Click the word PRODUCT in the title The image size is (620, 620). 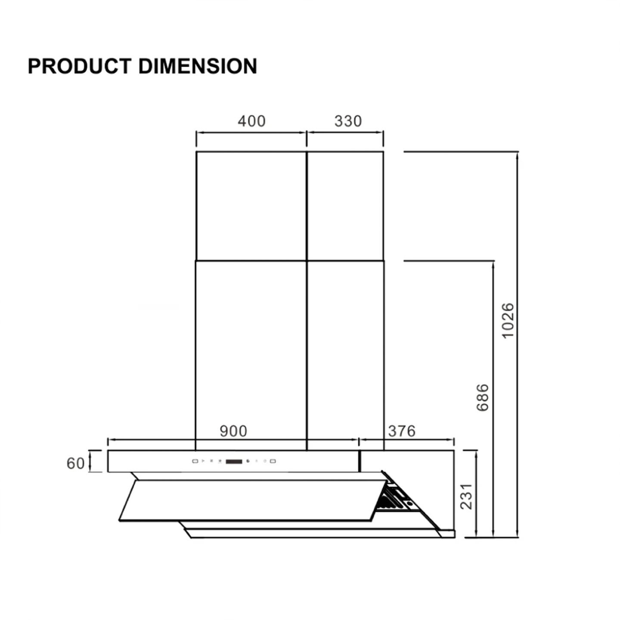pyautogui.click(x=80, y=66)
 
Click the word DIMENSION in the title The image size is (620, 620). pyautogui.click(x=198, y=66)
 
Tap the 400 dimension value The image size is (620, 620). pyautogui.click(x=251, y=121)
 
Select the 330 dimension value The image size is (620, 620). pyautogui.click(x=348, y=121)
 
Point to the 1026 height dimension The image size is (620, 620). pyautogui.click(x=508, y=320)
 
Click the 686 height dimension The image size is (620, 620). pyautogui.click(x=482, y=397)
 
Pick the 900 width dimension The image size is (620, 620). pyautogui.click(x=233, y=431)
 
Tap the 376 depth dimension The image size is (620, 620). pyautogui.click(x=402, y=431)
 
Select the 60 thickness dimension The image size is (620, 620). pyautogui.click(x=76, y=463)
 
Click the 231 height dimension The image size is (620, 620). pyautogui.click(x=466, y=496)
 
